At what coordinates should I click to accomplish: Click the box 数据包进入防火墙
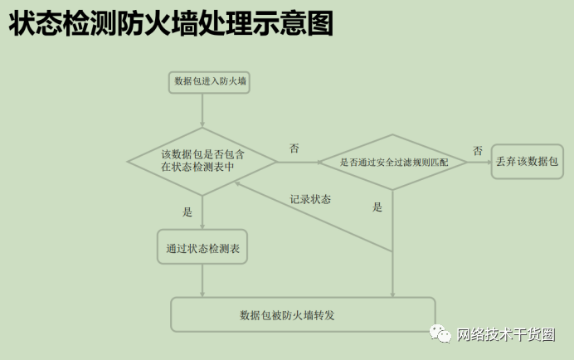pos(210,81)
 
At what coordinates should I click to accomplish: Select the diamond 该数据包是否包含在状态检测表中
pos(202,161)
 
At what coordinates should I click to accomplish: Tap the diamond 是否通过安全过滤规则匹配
pos(393,162)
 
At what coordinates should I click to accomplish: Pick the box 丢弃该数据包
pos(527,161)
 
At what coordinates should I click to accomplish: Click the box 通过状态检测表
pos(202,247)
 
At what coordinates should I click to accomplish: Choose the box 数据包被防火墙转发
pos(303,314)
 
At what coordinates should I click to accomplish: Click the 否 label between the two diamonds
pos(294,148)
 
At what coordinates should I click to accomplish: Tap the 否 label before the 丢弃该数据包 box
pos(478,151)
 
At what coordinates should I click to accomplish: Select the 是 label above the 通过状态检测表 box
pos(187,212)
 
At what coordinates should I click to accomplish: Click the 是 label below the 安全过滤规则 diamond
pos(378,207)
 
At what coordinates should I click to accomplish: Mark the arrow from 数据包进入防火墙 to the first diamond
pos(202,110)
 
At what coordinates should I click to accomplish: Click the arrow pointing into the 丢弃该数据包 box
pos(479,162)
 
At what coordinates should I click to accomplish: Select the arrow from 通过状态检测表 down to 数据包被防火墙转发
pos(202,281)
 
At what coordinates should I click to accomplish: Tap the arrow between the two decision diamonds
pos(298,162)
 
